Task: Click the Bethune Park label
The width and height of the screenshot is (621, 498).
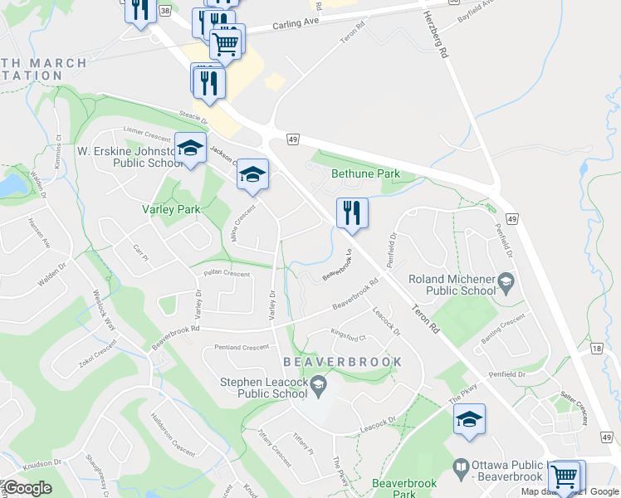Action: tap(365, 174)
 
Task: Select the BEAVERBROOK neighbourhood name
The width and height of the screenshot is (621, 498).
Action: tap(342, 362)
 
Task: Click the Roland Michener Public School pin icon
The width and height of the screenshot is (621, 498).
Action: tap(504, 286)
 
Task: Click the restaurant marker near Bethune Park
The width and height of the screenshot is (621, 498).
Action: tap(352, 214)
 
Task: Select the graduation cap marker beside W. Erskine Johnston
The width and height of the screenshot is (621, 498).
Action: tap(190, 149)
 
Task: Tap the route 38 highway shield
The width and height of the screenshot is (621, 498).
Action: tap(165, 11)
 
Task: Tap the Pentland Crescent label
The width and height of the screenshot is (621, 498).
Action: tap(242, 347)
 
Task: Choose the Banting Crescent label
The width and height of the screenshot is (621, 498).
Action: tap(503, 326)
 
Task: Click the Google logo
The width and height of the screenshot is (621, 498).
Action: tap(27, 488)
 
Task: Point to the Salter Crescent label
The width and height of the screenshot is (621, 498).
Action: tap(574, 404)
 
